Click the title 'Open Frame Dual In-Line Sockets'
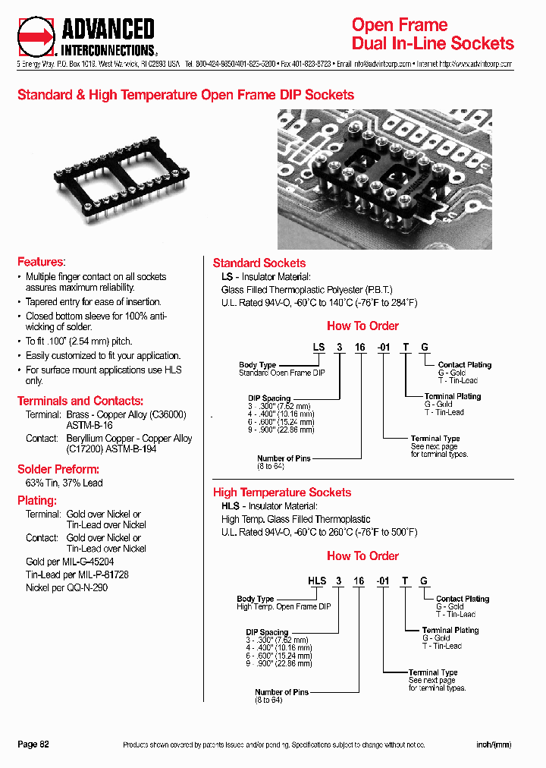(x=432, y=34)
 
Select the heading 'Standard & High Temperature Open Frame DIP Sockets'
(x=186, y=95)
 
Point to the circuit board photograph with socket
(x=384, y=178)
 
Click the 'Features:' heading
(x=41, y=262)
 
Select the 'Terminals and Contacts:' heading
(x=80, y=401)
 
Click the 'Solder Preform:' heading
(x=58, y=469)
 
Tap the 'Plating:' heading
(x=37, y=501)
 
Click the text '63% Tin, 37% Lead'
(x=64, y=483)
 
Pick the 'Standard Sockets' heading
(x=259, y=263)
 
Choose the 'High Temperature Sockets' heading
(x=281, y=493)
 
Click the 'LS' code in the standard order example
(x=319, y=347)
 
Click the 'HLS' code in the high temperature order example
(x=316, y=581)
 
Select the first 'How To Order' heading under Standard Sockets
(x=362, y=326)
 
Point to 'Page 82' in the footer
(x=33, y=744)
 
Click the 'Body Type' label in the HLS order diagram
(x=255, y=599)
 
